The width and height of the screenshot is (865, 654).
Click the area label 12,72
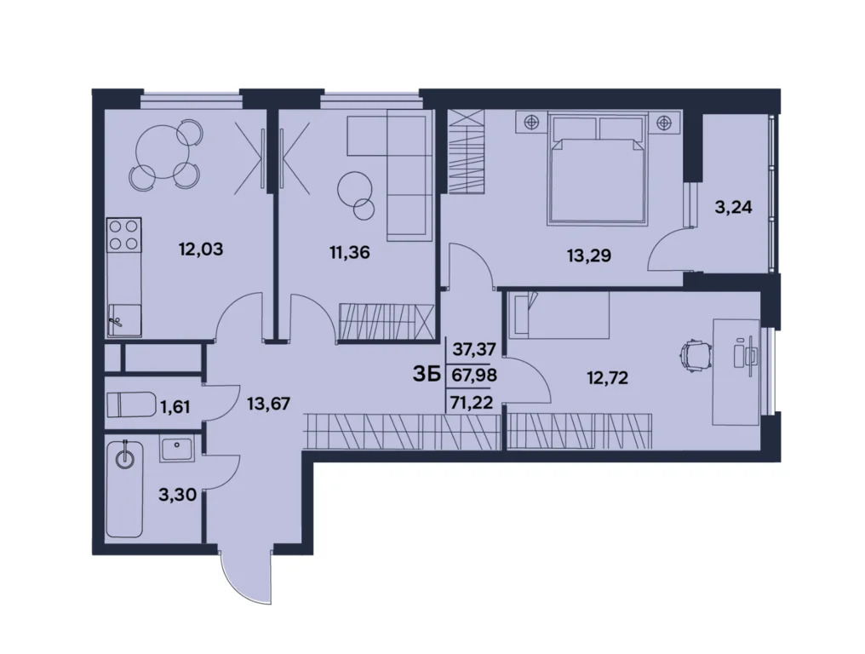[x=607, y=378]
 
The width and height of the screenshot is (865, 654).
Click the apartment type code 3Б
[x=426, y=374]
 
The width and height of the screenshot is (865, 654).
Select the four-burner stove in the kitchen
[x=124, y=234]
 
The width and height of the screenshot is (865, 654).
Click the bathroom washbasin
[x=179, y=447]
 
